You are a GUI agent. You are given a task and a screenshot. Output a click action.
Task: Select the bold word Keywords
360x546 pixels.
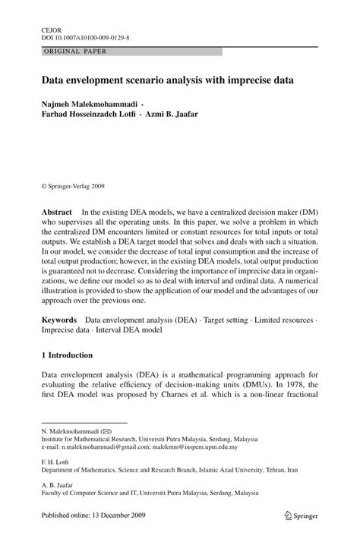click(x=59, y=322)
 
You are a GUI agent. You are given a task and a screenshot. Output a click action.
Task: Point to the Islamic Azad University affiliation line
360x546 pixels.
click(x=169, y=470)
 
